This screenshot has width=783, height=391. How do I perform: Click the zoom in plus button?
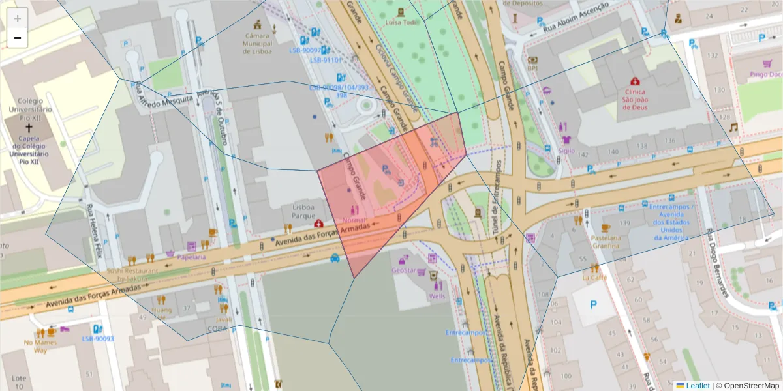[x=18, y=18]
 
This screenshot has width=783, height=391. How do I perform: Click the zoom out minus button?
[x=18, y=38]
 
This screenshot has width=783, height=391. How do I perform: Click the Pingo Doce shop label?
[x=765, y=74]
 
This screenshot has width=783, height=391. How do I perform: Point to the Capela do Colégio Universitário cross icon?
[x=28, y=128]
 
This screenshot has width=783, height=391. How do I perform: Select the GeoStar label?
[x=403, y=270]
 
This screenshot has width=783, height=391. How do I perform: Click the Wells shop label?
[x=437, y=296]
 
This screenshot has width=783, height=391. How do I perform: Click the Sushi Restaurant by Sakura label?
[x=132, y=274]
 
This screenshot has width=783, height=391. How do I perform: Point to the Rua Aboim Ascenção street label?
[x=577, y=15]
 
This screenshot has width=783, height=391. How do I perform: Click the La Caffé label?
[x=594, y=277]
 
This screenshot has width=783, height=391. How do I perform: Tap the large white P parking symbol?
[x=593, y=304]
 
